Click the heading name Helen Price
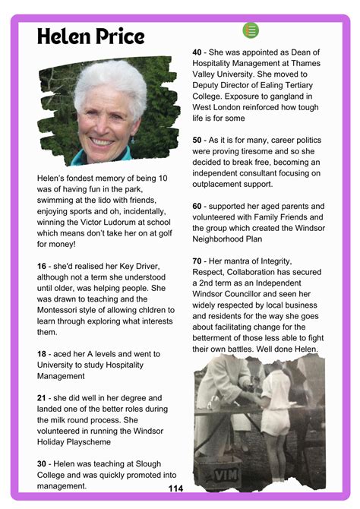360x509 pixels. (x=90, y=36)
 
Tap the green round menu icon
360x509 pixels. (x=251, y=30)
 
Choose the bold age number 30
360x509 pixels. (x=43, y=463)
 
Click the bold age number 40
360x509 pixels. (x=198, y=52)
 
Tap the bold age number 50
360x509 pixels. (x=198, y=140)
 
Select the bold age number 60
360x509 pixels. (x=198, y=206)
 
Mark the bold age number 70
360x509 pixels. (x=198, y=261)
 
